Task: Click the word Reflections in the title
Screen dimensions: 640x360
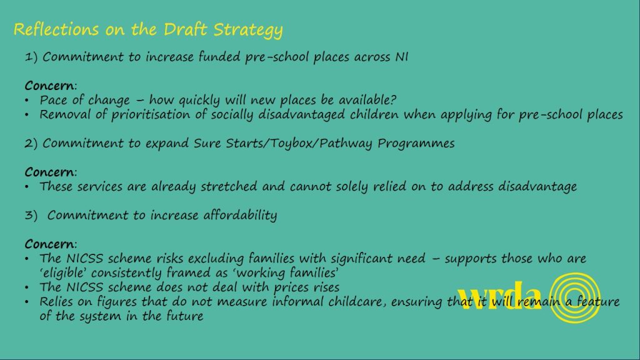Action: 56,29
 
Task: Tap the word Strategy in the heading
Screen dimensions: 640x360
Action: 248,31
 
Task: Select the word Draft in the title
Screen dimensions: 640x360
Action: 186,29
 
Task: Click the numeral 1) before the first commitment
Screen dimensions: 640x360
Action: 31,57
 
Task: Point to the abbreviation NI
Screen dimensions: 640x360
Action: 402,57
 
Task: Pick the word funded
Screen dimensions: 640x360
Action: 219,56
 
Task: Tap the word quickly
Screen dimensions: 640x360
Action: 199,101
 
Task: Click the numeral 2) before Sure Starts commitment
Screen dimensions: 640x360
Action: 31,143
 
